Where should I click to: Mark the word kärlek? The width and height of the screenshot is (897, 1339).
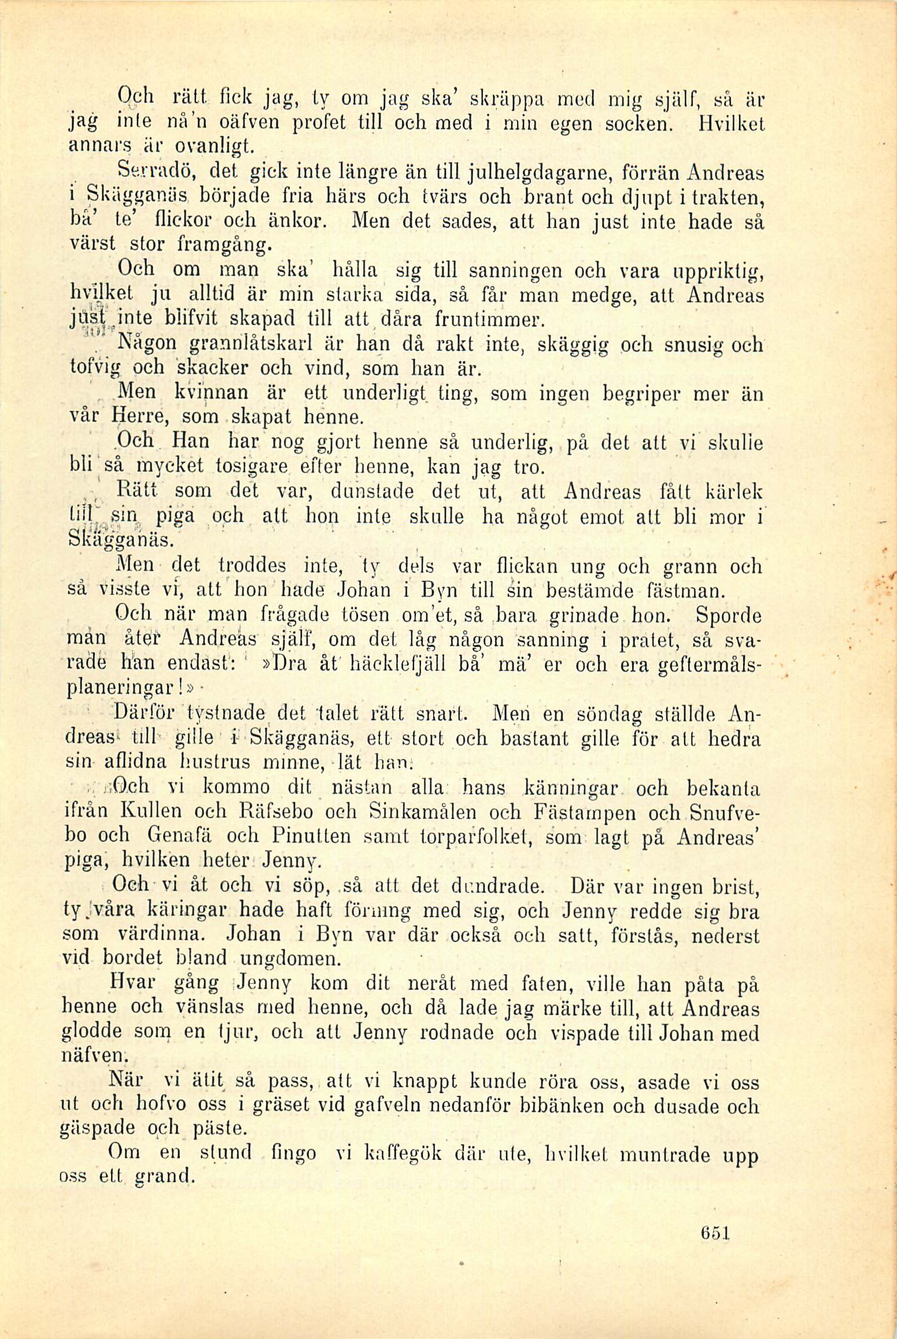tap(734, 492)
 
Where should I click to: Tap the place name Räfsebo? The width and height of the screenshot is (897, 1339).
tap(277, 812)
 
